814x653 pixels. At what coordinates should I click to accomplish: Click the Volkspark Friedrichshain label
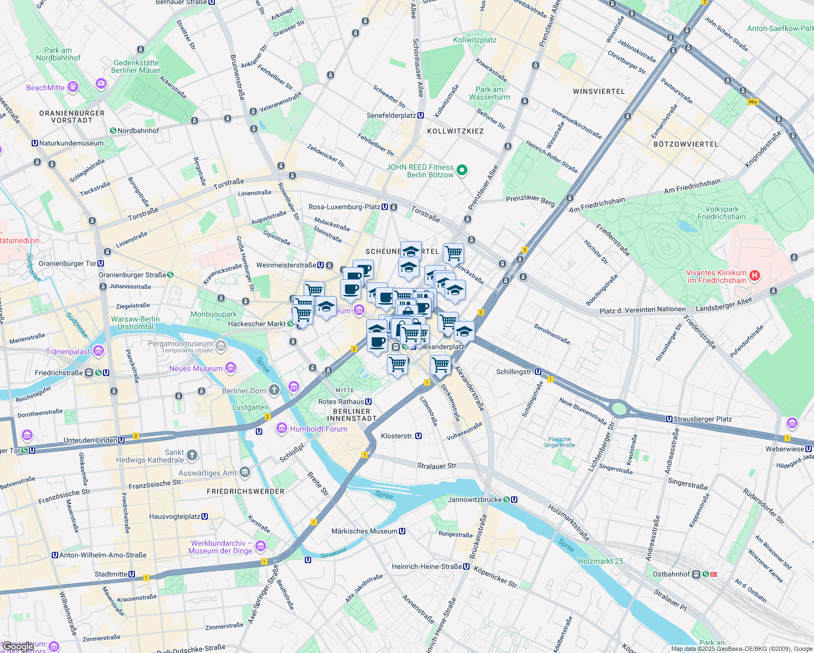coord(721,213)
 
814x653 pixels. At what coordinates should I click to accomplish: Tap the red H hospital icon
coord(754,275)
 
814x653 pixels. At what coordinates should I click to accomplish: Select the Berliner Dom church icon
coord(274,389)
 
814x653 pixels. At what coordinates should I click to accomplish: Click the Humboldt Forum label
coord(318,429)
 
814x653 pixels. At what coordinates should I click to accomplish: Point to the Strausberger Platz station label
coord(702,419)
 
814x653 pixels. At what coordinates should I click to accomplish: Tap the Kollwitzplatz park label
coord(474,40)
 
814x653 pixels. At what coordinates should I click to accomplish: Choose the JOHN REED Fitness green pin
coord(462,170)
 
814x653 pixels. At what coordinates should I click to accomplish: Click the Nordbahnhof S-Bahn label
coord(138,131)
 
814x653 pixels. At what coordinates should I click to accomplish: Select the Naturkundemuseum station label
coord(71,143)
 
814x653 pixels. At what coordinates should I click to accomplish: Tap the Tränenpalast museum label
coord(68,352)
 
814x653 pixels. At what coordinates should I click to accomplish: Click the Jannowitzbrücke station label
coord(474,500)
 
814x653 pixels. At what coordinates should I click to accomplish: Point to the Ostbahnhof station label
coord(671,574)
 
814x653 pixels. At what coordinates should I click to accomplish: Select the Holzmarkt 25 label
coord(601,561)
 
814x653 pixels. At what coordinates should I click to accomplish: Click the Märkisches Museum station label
coord(365,531)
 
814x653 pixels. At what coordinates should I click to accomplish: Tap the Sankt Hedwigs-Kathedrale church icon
coord(192,455)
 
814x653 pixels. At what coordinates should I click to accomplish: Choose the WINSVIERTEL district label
coord(599,91)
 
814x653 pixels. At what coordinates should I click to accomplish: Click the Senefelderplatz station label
coord(391,115)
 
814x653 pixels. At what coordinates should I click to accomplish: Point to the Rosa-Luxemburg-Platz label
coord(344,207)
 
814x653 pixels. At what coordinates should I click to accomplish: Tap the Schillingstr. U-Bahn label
coord(515,372)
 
